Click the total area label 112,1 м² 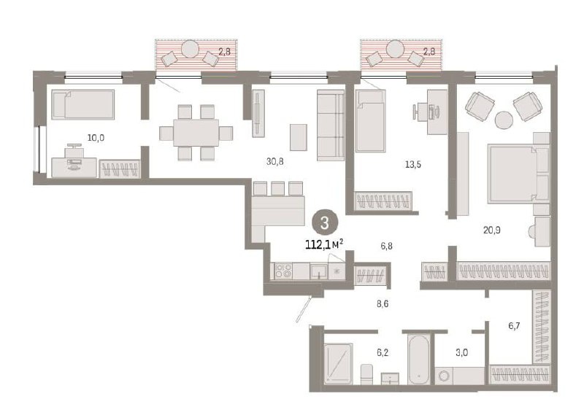(324, 244)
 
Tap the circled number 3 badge (325, 223)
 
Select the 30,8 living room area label (275, 161)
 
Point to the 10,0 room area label (96, 138)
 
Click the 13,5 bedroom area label (413, 164)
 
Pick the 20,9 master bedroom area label (492, 230)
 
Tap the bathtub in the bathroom (419, 360)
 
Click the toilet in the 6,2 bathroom (367, 374)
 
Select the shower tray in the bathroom (338, 363)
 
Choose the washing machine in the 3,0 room (444, 376)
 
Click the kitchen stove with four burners (284, 271)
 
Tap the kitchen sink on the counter (319, 271)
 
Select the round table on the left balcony (190, 49)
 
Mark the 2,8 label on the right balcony (429, 52)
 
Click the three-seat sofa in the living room (331, 125)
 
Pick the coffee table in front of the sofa (299, 137)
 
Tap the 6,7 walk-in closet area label (514, 326)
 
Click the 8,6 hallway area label (383, 304)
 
